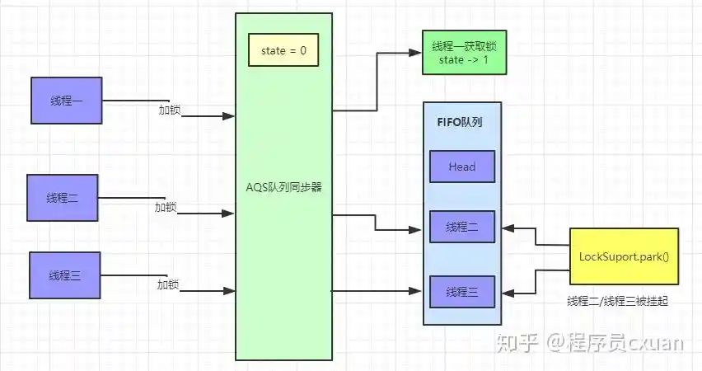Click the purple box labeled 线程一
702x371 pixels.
[x=67, y=101]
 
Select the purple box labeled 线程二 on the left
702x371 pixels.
[x=63, y=198]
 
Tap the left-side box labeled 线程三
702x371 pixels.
[x=64, y=275]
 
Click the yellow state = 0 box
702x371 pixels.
[x=283, y=51]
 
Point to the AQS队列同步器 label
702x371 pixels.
[x=283, y=187]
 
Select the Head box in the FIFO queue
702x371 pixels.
[x=462, y=167]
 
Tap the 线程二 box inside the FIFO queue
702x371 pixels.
[x=462, y=227]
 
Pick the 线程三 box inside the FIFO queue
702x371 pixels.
[x=462, y=292]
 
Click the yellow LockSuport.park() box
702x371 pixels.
[x=624, y=256]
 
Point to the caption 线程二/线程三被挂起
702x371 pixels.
[x=617, y=302]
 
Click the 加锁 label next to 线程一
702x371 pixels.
[x=170, y=109]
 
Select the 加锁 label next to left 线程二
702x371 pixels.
[x=166, y=207]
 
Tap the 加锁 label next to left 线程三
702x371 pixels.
[x=168, y=284]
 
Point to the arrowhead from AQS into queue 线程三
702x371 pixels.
[x=418, y=291]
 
